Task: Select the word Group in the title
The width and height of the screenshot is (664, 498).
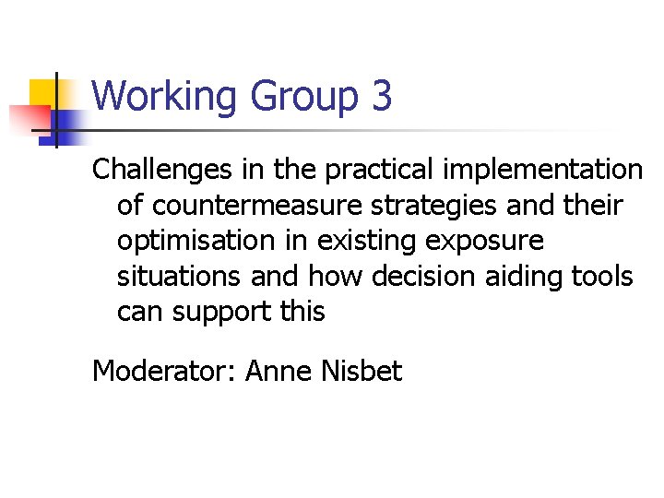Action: (292, 97)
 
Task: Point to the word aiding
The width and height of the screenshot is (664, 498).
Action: (528, 276)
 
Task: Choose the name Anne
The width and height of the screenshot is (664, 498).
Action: (279, 372)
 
